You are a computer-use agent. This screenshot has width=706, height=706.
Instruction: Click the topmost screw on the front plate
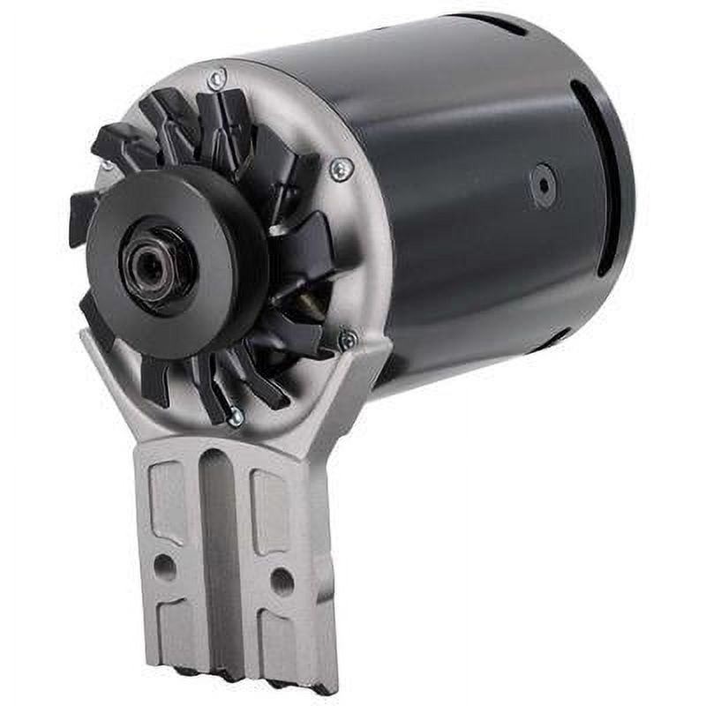tap(216, 79)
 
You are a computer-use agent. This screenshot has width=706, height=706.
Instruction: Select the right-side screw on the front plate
tap(339, 169)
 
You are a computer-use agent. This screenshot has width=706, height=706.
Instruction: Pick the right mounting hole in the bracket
tap(282, 580)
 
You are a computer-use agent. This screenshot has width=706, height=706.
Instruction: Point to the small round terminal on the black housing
tap(542, 185)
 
